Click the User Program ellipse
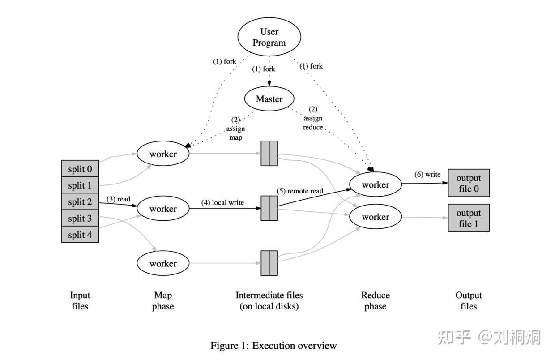[269, 37]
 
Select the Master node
[269, 99]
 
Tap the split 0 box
[80, 169]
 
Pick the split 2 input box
[80, 201]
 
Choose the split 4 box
[80, 235]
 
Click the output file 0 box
[469, 183]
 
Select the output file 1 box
[469, 218]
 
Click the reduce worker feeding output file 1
[376, 217]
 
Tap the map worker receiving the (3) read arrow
[163, 209]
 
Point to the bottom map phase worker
[163, 263]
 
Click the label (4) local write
[222, 202]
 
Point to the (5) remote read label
[300, 191]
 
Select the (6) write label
[427, 174]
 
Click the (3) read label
[118, 199]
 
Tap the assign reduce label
[313, 118]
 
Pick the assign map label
[235, 129]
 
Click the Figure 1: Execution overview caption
[273, 346]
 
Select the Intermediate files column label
[269, 300]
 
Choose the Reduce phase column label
[376, 300]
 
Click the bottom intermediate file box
[269, 263]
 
